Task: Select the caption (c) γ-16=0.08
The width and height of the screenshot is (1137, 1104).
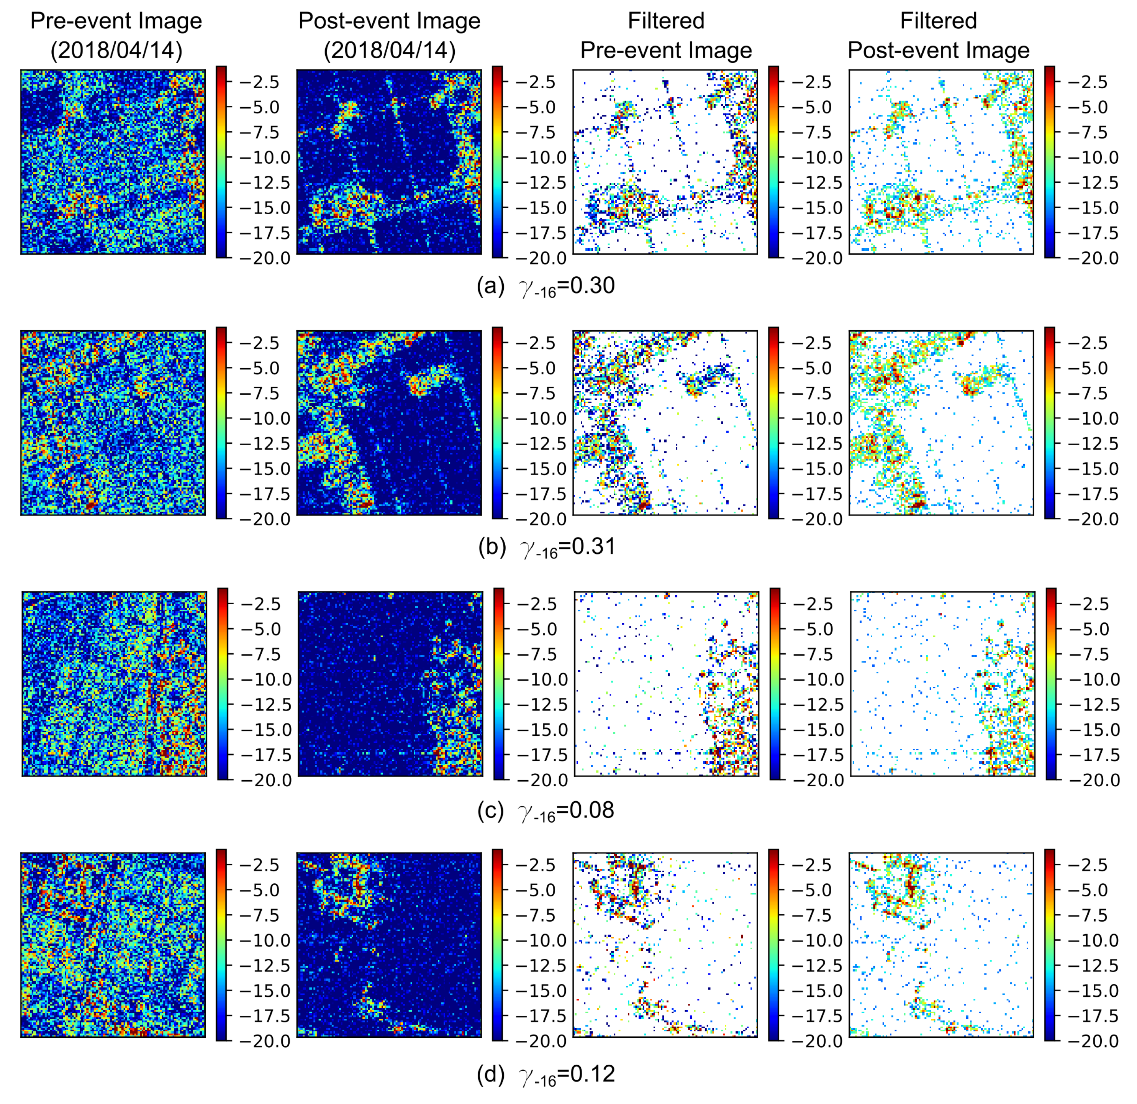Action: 545,810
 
